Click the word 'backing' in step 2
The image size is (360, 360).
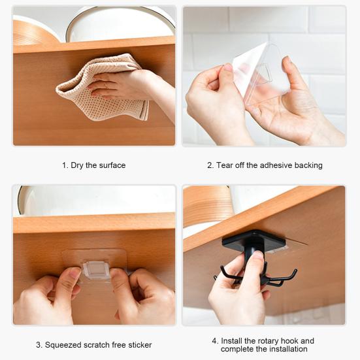coord(308,165)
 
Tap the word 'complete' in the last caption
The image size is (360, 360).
coord(237,350)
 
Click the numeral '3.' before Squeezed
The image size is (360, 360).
coord(39,344)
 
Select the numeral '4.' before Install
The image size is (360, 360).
coord(215,341)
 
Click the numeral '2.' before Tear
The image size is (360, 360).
coord(210,165)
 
